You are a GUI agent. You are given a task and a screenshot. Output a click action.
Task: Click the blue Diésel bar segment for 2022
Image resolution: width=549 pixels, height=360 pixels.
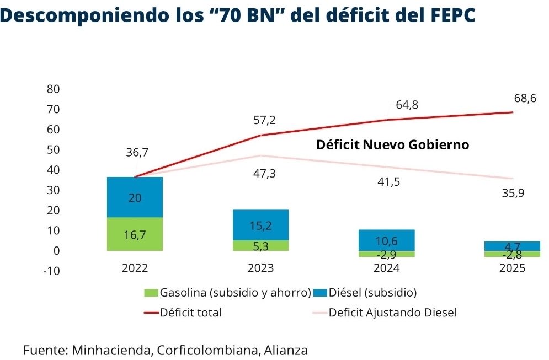point(135,197)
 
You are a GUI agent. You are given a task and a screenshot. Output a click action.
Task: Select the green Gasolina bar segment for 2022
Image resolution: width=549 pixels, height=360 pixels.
point(135,234)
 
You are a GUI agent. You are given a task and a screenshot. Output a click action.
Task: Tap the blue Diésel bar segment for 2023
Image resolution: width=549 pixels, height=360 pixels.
point(261,225)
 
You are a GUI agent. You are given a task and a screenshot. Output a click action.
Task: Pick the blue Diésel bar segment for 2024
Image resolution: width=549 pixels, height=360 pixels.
point(387,240)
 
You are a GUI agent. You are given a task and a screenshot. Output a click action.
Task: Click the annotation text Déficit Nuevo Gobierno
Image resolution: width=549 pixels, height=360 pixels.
point(392,145)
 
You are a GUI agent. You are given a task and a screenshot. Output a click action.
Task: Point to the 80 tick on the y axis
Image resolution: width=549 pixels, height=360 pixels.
point(54,89)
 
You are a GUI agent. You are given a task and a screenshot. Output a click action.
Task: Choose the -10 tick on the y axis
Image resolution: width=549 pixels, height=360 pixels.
point(51,271)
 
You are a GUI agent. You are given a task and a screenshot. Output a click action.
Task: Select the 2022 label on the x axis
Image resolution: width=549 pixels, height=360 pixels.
point(135,268)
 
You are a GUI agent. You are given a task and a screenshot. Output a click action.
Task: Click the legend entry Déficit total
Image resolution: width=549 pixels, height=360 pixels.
point(191,313)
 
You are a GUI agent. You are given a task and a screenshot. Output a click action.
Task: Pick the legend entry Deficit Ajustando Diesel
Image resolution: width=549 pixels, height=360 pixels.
point(392,313)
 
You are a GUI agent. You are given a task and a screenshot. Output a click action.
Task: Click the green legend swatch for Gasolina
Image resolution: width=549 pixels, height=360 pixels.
point(150,293)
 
